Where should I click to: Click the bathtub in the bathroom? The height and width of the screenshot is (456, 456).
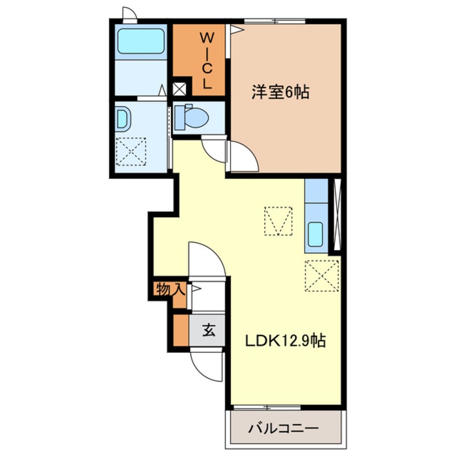pos(141,41)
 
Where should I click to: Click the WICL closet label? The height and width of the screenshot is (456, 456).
pos(207,60)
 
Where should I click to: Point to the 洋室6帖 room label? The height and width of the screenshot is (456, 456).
pos(280,92)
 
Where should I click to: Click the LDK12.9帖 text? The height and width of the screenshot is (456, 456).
pos(285,340)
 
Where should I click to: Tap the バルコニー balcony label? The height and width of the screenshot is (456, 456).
pos(284,428)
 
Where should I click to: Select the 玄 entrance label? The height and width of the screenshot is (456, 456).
pos(209,330)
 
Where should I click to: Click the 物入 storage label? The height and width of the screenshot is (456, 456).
pos(171,289)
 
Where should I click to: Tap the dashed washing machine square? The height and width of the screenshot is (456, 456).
pos(131,151)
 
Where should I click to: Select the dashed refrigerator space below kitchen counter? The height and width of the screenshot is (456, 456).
pos(322,275)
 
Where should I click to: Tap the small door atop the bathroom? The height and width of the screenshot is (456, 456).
pos(130,15)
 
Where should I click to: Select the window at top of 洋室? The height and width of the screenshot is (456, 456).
pos(274,21)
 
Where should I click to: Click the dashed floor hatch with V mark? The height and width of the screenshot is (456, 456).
pos(278,221)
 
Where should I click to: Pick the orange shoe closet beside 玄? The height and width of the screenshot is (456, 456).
pos(181,330)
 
